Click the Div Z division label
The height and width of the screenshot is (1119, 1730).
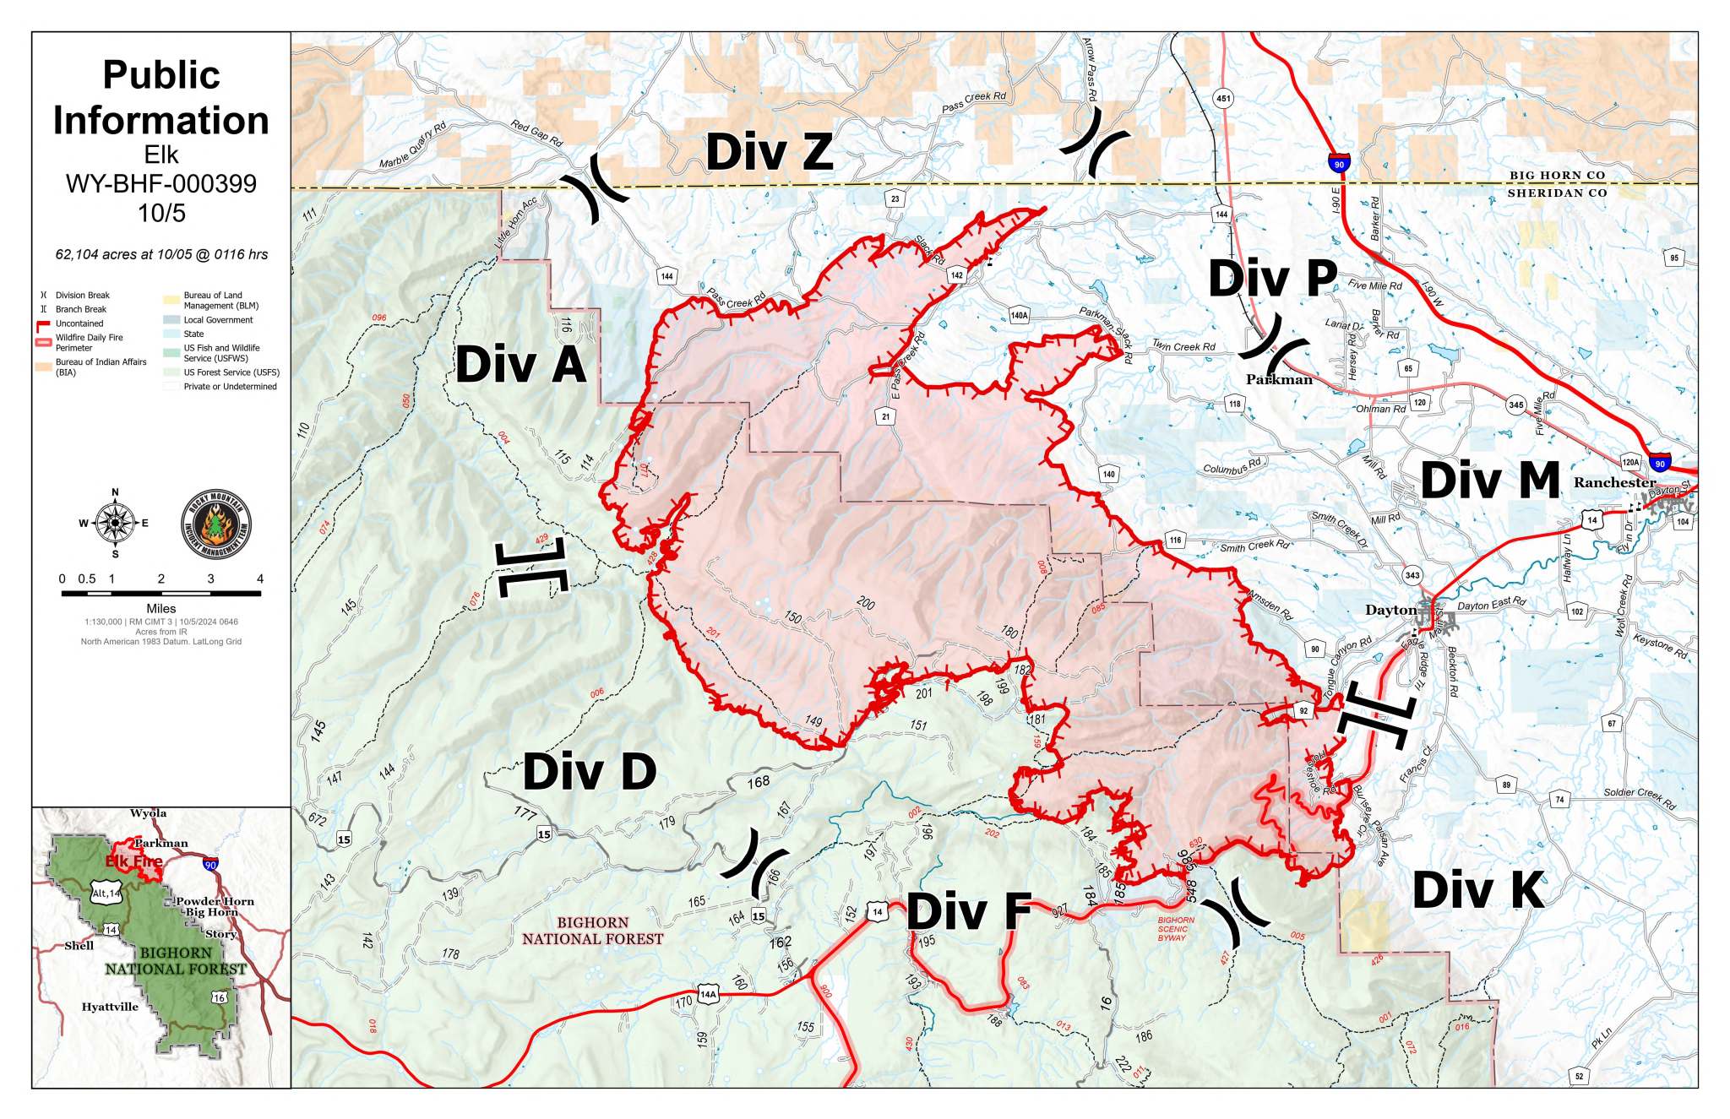click(x=769, y=153)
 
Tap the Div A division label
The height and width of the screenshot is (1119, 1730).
click(x=520, y=365)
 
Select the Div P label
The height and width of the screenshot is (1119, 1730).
click(x=1272, y=279)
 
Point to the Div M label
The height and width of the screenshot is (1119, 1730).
click(x=1489, y=481)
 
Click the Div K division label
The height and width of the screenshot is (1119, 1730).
click(x=1478, y=890)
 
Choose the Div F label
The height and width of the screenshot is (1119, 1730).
click(x=969, y=912)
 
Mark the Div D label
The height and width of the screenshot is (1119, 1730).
click(x=589, y=772)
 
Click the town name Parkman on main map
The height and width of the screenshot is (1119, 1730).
click(x=1279, y=380)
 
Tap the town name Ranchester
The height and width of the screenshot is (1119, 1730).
click(x=1614, y=482)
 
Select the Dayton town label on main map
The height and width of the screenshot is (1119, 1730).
click(x=1390, y=610)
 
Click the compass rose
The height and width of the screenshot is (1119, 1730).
click(x=115, y=523)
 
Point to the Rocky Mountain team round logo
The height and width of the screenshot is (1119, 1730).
click(x=216, y=524)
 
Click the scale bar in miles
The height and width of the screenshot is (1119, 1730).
click(x=160, y=593)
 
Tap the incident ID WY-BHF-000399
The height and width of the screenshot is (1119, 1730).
click(x=160, y=184)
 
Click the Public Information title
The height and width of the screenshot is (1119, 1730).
click(x=160, y=98)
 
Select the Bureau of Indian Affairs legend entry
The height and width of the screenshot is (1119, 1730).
click(x=101, y=367)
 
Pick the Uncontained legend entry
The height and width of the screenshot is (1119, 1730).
click(x=79, y=323)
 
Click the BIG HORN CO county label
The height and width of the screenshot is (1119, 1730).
click(x=1557, y=176)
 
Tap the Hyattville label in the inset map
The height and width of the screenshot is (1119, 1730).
click(x=110, y=1007)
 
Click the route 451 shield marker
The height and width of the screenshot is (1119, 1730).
click(x=1222, y=99)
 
